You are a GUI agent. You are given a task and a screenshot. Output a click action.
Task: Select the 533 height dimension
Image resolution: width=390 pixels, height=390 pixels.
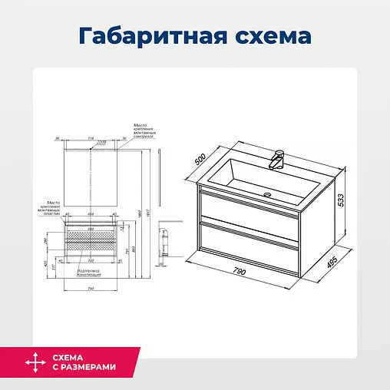click(342, 202)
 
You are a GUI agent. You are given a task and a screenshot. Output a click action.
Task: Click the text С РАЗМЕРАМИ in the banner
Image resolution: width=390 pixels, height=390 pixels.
click(84, 368)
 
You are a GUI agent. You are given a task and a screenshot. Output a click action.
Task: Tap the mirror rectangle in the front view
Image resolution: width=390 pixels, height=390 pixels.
click(90, 175)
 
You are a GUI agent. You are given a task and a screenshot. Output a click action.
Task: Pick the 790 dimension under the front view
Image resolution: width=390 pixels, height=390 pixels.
click(90, 288)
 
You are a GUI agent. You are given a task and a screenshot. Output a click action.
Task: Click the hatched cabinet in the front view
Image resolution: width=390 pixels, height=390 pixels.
click(90, 235)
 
